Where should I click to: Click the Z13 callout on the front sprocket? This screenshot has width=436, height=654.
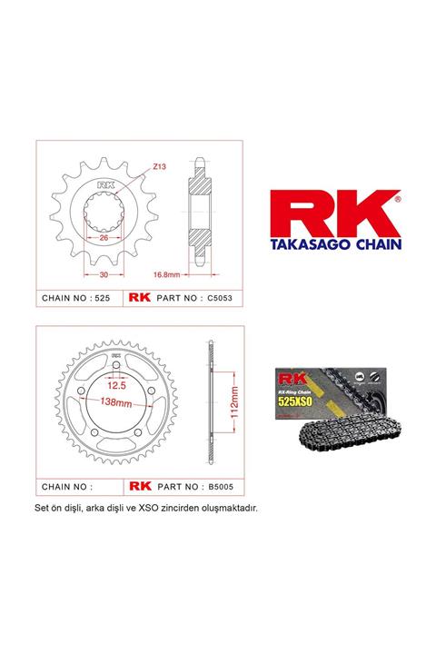point(158,166)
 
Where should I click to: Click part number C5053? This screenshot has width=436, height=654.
point(212,297)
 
